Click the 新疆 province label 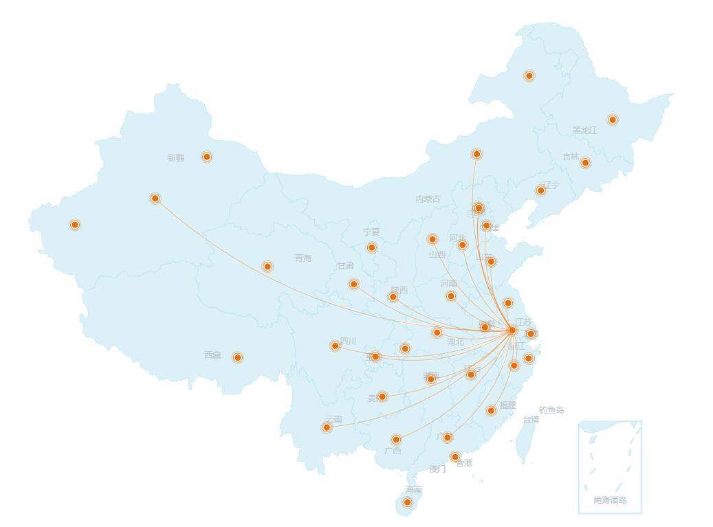pos(175,158)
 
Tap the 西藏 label pos(212,355)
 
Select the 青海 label pos(303,258)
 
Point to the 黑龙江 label pos(584,131)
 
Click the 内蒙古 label pos(428,199)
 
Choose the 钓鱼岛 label pos(551,410)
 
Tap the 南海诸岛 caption pos(610,500)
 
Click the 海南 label pos(413,490)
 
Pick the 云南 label pos(333,419)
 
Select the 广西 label pos(393,451)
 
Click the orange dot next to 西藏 pos(237,357)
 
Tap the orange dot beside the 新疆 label pos(206,157)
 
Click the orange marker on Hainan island pos(407,502)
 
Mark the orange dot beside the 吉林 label pos(585,163)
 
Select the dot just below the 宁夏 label pos(372,247)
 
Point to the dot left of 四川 pos(335,346)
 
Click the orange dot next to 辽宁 pos(540,190)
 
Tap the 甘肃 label pos(345,266)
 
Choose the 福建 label pos(507,405)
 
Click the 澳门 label pos(437,469)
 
